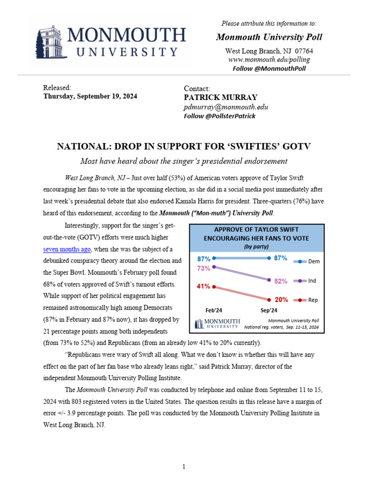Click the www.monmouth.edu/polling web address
pyautogui.click(x=269, y=60)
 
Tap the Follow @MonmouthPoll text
pyautogui.click(x=269, y=68)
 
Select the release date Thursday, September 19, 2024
pyautogui.click(x=90, y=96)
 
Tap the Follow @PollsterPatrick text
pyautogui.click(x=220, y=116)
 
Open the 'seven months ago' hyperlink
pyautogui.click(x=67, y=249)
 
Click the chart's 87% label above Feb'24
pyautogui.click(x=204, y=258)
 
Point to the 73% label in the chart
pyautogui.click(x=204, y=268)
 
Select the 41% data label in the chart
pyautogui.click(x=204, y=287)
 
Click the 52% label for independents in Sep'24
pyautogui.click(x=281, y=281)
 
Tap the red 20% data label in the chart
pyautogui.click(x=281, y=300)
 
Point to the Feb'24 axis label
pyautogui.click(x=214, y=310)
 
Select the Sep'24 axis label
pyautogui.click(x=270, y=310)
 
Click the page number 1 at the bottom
pyautogui.click(x=184, y=467)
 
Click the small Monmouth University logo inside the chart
pyautogui.click(x=216, y=323)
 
